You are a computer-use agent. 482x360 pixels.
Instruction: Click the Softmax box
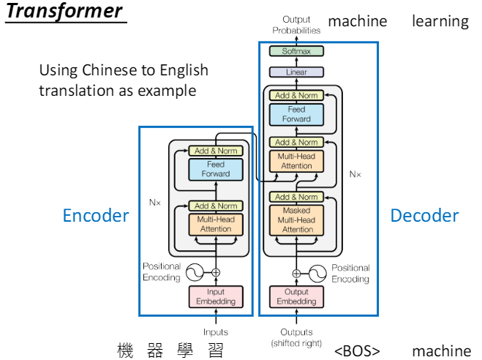(297, 51)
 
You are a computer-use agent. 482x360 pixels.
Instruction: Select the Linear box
(297, 72)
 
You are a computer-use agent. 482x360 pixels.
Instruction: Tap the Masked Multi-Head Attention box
(297, 220)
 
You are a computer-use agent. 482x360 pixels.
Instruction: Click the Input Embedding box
(215, 296)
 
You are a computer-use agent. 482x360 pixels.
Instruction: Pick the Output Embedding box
(297, 296)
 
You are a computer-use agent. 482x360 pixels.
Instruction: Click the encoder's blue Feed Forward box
(215, 169)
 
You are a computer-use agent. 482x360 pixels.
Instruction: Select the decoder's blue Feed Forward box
(297, 114)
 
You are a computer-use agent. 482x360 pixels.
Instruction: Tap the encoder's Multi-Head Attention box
(215, 224)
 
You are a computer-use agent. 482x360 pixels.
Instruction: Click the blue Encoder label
(96, 215)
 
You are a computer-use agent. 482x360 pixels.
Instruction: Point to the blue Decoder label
(424, 215)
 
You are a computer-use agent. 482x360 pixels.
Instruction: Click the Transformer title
(64, 12)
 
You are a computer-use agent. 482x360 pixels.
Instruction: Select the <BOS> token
(357, 350)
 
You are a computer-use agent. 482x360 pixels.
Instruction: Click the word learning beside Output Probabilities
(440, 21)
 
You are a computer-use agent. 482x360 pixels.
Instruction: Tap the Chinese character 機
(124, 350)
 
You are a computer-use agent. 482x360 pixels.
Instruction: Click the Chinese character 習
(214, 350)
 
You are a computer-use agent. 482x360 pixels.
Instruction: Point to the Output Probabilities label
(296, 25)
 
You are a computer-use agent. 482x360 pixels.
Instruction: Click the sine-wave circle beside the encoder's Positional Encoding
(194, 273)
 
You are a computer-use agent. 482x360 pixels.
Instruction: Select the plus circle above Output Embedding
(297, 273)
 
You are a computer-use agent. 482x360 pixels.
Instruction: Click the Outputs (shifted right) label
(296, 337)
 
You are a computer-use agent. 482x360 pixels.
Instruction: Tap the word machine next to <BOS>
(442, 350)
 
